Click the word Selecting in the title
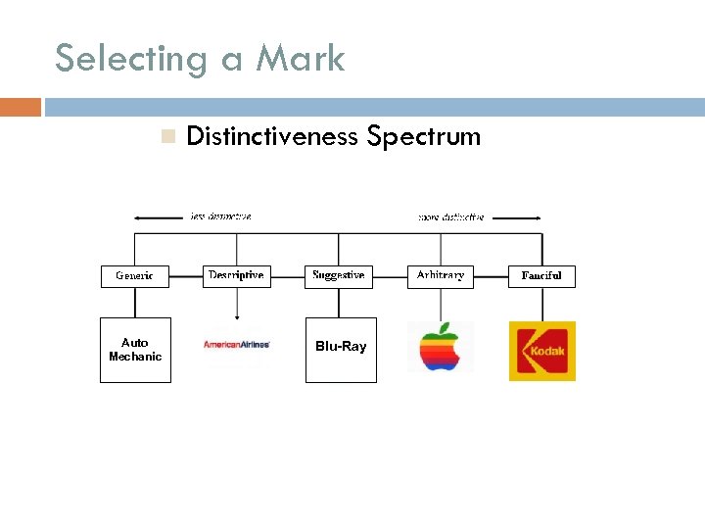(129, 59)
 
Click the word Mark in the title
(301, 59)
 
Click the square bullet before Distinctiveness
(167, 137)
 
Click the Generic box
(134, 276)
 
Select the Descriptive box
(236, 275)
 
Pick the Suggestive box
(339, 275)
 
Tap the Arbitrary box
(441, 275)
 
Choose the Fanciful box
(541, 276)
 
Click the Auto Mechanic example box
(135, 350)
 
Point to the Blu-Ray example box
(341, 350)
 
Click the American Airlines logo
(236, 345)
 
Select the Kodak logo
(541, 351)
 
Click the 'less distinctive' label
(220, 216)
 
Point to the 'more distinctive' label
(450, 216)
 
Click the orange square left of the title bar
(20, 107)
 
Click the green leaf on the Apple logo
(446, 327)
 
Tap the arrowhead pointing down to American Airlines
(236, 316)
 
